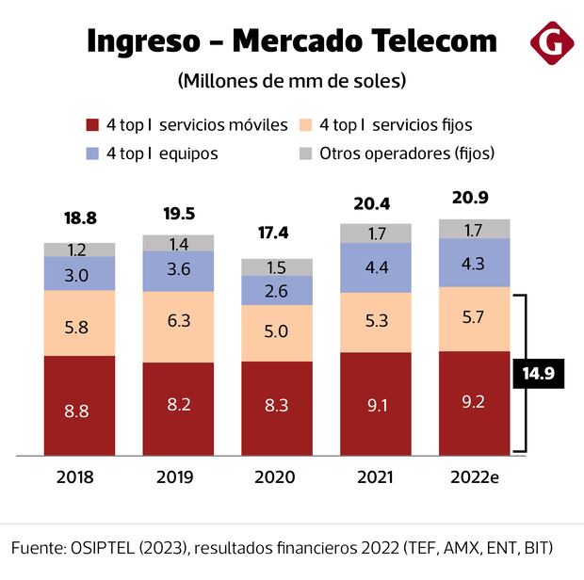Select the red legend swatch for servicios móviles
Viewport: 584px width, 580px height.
(x=91, y=125)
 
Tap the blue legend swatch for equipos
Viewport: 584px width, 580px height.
(x=91, y=153)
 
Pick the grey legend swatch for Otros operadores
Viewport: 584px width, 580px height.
(x=305, y=153)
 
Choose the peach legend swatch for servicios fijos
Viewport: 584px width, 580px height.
(x=305, y=125)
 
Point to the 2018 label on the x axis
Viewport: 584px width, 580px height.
(x=75, y=477)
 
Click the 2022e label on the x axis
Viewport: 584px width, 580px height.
(x=474, y=477)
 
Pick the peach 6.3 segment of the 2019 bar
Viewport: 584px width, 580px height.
(x=178, y=320)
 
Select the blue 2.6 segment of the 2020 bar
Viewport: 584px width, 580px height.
(x=277, y=291)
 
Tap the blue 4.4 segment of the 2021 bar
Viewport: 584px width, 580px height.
(x=376, y=267)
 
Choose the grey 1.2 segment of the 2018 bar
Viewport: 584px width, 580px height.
(x=79, y=250)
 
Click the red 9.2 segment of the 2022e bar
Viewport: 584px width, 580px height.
(x=474, y=403)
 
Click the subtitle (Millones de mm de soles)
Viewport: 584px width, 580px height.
(x=291, y=81)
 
